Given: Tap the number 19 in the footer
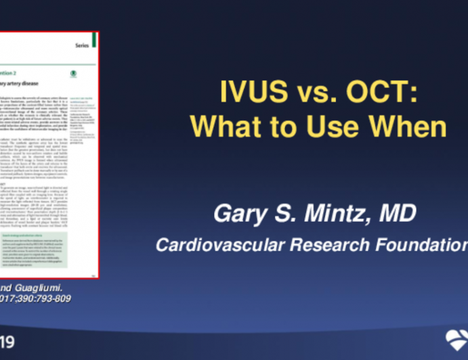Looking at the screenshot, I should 7,340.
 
